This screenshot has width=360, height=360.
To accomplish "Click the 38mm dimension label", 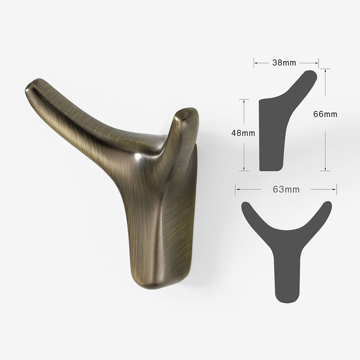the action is click(x=284, y=63).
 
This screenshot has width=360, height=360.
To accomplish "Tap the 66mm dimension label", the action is click(x=325, y=114).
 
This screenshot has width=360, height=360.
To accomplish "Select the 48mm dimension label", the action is click(x=243, y=133).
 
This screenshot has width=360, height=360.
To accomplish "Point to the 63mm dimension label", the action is click(x=286, y=189).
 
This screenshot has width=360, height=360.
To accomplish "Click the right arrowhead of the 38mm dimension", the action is click(x=317, y=63).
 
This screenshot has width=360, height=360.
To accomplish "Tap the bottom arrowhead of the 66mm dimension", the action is click(x=325, y=169).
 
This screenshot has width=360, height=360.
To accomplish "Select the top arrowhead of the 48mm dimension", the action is click(x=244, y=101).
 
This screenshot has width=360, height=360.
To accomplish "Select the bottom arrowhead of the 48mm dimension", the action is click(x=244, y=169).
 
